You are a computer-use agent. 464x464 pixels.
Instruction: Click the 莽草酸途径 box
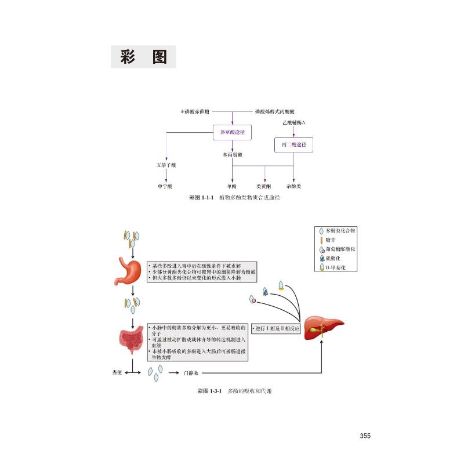pyautogui.click(x=232, y=133)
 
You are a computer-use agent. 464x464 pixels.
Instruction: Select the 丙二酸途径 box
pyautogui.click(x=293, y=143)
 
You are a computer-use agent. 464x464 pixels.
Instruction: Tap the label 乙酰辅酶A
pyautogui.click(x=293, y=124)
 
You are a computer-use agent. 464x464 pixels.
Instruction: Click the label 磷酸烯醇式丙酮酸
pyautogui.click(x=275, y=110)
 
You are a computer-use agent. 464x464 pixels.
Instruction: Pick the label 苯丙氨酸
pyautogui.click(x=232, y=155)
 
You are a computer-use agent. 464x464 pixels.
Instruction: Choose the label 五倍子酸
pyautogui.click(x=166, y=165)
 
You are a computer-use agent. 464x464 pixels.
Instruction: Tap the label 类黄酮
pyautogui.click(x=264, y=186)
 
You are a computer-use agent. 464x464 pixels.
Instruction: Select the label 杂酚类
pyautogui.click(x=293, y=186)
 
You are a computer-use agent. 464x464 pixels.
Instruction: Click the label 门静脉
pyautogui.click(x=191, y=374)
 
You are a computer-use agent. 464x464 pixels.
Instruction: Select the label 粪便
pyautogui.click(x=117, y=374)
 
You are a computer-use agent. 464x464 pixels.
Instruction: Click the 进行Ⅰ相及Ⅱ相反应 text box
pyautogui.click(x=275, y=328)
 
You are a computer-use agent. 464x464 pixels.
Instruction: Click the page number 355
pyautogui.click(x=365, y=436)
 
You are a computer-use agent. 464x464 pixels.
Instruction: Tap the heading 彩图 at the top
pyautogui.click(x=143, y=57)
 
